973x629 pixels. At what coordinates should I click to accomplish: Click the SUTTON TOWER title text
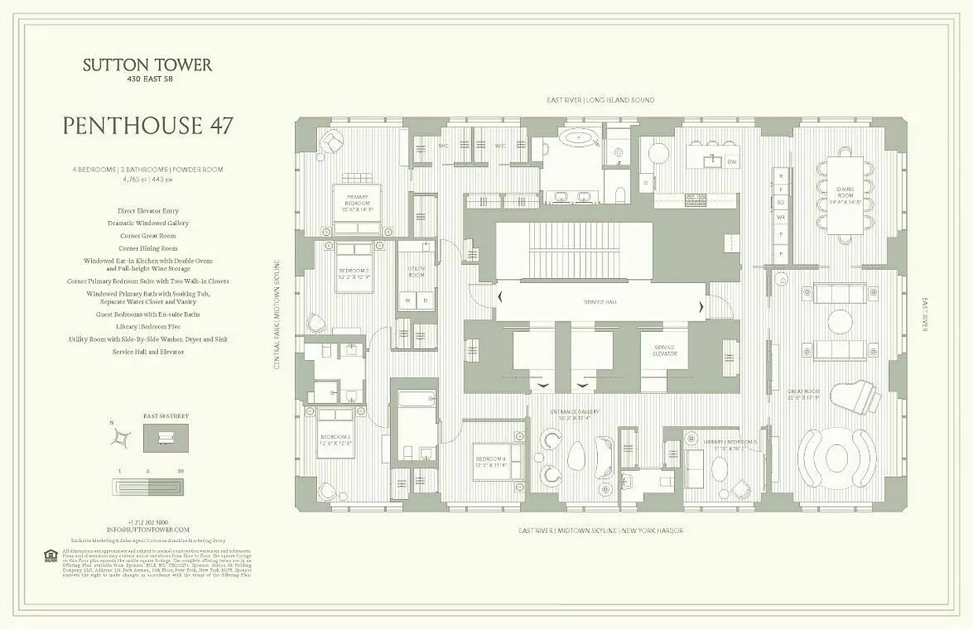147,65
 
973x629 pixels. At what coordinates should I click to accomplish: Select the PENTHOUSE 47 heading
147,126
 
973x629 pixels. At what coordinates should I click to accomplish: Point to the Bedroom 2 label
355,274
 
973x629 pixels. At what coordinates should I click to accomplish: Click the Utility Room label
416,272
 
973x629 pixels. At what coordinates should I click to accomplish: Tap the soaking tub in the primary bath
578,139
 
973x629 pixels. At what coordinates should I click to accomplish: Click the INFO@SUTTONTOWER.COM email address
148,530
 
